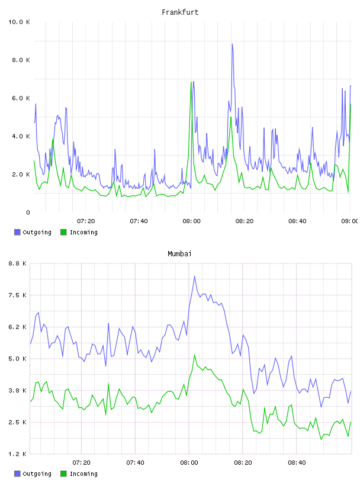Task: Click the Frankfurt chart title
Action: [180, 12]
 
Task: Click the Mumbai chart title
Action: [179, 254]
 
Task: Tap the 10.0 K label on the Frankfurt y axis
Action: [19, 22]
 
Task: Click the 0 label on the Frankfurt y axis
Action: [28, 212]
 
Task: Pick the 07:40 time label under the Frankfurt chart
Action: [139, 221]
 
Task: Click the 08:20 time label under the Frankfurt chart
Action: [245, 221]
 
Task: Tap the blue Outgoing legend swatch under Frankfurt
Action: [17, 232]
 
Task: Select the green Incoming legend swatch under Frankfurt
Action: [63, 232]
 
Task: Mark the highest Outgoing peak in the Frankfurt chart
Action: [232, 44]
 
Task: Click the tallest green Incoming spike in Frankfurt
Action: [191, 82]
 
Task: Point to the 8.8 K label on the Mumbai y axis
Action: [18, 263]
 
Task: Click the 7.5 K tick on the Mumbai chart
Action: [18, 295]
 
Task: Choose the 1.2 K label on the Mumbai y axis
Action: [18, 454]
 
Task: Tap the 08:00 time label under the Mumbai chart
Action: [189, 463]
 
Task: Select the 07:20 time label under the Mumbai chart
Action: [81, 463]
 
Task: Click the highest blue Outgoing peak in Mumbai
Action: [194, 276]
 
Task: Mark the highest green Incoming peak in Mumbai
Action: [194, 355]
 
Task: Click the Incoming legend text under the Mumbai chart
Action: [83, 474]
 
